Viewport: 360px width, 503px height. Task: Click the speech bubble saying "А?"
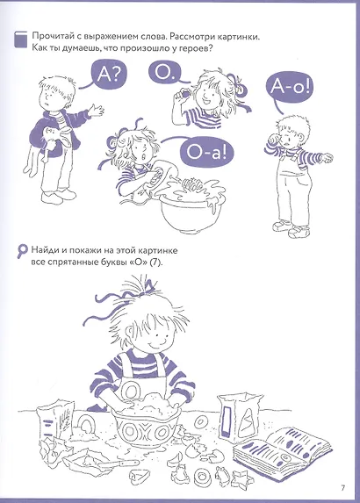pos(107,75)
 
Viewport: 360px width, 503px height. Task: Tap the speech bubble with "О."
pos(164,72)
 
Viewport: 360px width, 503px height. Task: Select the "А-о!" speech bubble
pos(289,87)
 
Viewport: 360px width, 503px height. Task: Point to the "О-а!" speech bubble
pos(205,153)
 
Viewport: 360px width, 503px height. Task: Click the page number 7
pos(342,488)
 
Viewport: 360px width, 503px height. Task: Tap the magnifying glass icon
pos(22,251)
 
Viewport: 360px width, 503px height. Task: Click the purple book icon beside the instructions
pos(21,40)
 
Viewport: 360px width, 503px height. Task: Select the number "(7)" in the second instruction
pos(156,262)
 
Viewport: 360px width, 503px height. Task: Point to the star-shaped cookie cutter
pos(241,478)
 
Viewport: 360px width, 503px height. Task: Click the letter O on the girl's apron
pos(131,392)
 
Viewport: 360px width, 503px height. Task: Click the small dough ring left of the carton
pos(201,421)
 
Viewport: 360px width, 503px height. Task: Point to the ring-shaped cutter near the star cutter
pos(203,476)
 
